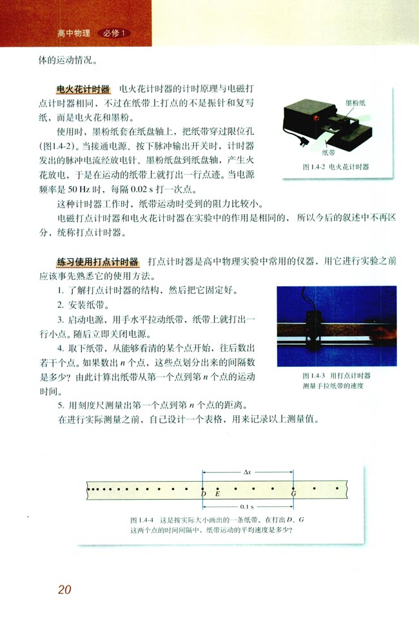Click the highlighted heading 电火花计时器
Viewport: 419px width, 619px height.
click(x=84, y=88)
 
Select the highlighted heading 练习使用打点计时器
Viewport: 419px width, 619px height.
click(x=97, y=262)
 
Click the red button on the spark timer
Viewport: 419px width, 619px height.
click(x=317, y=119)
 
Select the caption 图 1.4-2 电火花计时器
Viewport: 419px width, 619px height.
click(x=336, y=166)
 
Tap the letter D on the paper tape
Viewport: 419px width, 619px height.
click(x=204, y=495)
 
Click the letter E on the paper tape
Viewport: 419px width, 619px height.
click(x=217, y=495)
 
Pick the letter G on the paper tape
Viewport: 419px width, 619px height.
click(x=294, y=495)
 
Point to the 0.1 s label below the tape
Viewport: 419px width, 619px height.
click(x=248, y=507)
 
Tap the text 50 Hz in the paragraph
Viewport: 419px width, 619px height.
click(x=83, y=191)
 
